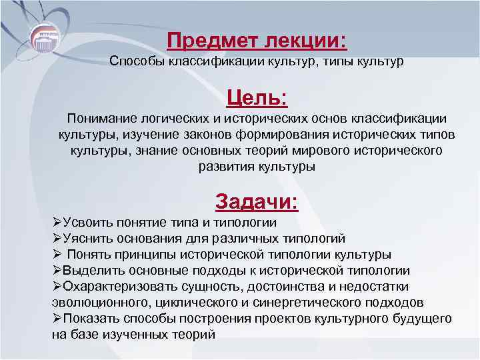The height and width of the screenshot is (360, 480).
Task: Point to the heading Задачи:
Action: click(257, 201)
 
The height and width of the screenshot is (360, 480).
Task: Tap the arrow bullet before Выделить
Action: click(57, 271)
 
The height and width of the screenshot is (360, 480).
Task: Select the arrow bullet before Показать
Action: click(57, 319)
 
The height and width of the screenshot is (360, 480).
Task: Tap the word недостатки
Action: click(403, 287)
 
